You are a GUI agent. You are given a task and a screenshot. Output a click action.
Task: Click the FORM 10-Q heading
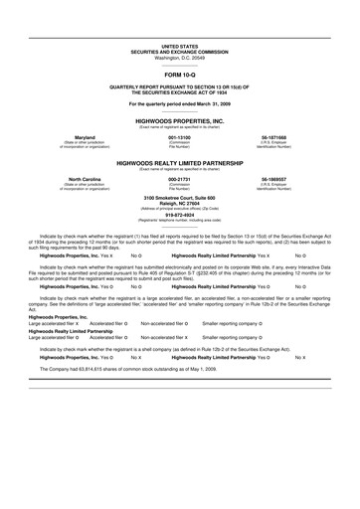tap(180, 76)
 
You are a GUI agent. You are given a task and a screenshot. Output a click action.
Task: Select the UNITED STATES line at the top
tap(180, 46)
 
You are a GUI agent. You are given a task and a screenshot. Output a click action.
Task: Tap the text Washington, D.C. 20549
tap(180, 56)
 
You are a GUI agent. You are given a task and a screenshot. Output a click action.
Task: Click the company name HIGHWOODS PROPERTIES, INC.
tap(180, 114)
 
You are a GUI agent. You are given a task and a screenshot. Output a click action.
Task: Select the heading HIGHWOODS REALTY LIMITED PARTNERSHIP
tap(180, 160)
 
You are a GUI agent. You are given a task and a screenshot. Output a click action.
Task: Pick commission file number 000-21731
tap(180, 179)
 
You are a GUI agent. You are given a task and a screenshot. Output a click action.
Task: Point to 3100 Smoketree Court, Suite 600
tap(180, 198)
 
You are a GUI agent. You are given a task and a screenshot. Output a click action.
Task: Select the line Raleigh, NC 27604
tap(180, 204)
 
